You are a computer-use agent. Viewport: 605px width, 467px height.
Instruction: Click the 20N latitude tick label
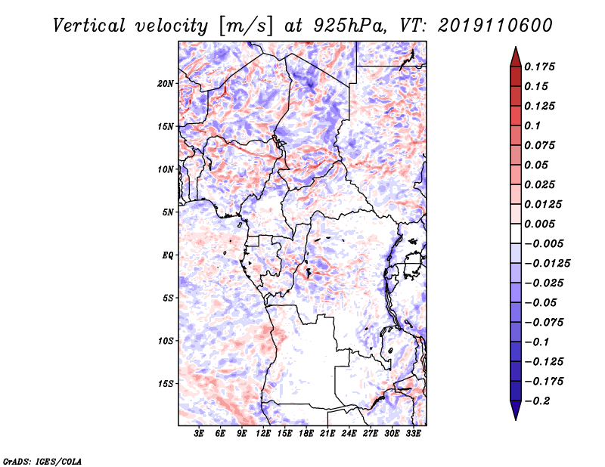click(x=165, y=84)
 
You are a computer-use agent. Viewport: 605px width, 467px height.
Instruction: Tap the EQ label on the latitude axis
click(x=167, y=255)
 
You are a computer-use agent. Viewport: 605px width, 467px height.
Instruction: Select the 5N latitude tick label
click(x=168, y=212)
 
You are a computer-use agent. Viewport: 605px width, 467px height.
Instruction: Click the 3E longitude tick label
click(x=199, y=434)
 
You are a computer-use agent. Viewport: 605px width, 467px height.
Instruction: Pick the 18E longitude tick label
click(x=306, y=434)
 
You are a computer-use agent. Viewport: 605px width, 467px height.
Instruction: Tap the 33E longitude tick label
click(x=413, y=434)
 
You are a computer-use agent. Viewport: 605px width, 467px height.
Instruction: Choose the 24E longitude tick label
click(x=349, y=434)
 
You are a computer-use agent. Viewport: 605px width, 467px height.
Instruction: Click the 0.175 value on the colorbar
click(x=539, y=66)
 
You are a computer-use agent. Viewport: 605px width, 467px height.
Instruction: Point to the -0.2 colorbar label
click(x=537, y=401)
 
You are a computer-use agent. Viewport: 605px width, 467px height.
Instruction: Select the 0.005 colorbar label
click(x=539, y=224)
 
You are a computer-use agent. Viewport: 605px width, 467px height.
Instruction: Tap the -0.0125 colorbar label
click(x=547, y=264)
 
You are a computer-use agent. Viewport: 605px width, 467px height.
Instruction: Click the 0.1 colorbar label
click(x=532, y=125)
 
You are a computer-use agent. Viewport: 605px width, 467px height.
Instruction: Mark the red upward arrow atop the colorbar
click(x=516, y=57)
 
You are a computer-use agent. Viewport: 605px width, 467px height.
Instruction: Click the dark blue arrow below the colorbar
click(x=516, y=410)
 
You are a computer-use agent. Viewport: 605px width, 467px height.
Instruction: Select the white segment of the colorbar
click(x=516, y=233)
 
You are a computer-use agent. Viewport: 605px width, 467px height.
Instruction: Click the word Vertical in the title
click(x=89, y=26)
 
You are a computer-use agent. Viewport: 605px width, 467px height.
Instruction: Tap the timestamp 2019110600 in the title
click(x=495, y=26)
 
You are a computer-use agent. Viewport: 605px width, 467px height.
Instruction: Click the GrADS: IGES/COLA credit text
click(x=42, y=462)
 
